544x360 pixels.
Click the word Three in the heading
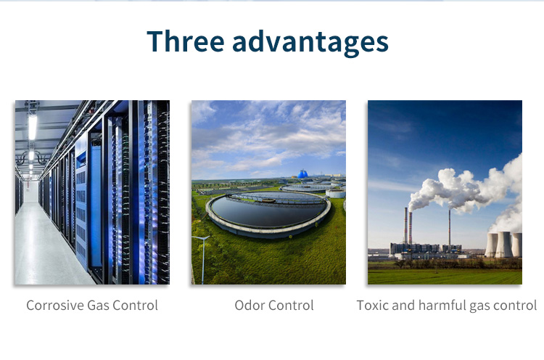point(185,41)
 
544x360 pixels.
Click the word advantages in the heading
point(310,43)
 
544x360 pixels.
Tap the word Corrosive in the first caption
point(55,305)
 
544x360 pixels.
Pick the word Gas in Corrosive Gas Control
point(98,305)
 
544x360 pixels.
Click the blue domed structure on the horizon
point(302,174)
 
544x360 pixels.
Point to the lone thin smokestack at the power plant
point(450,227)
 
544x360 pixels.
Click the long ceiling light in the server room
point(33,127)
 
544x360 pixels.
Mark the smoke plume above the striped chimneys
point(465,189)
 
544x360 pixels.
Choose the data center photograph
point(92,192)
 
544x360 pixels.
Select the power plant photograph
point(445,192)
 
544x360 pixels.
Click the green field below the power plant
point(445,277)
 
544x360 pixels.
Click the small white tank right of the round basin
point(336,193)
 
